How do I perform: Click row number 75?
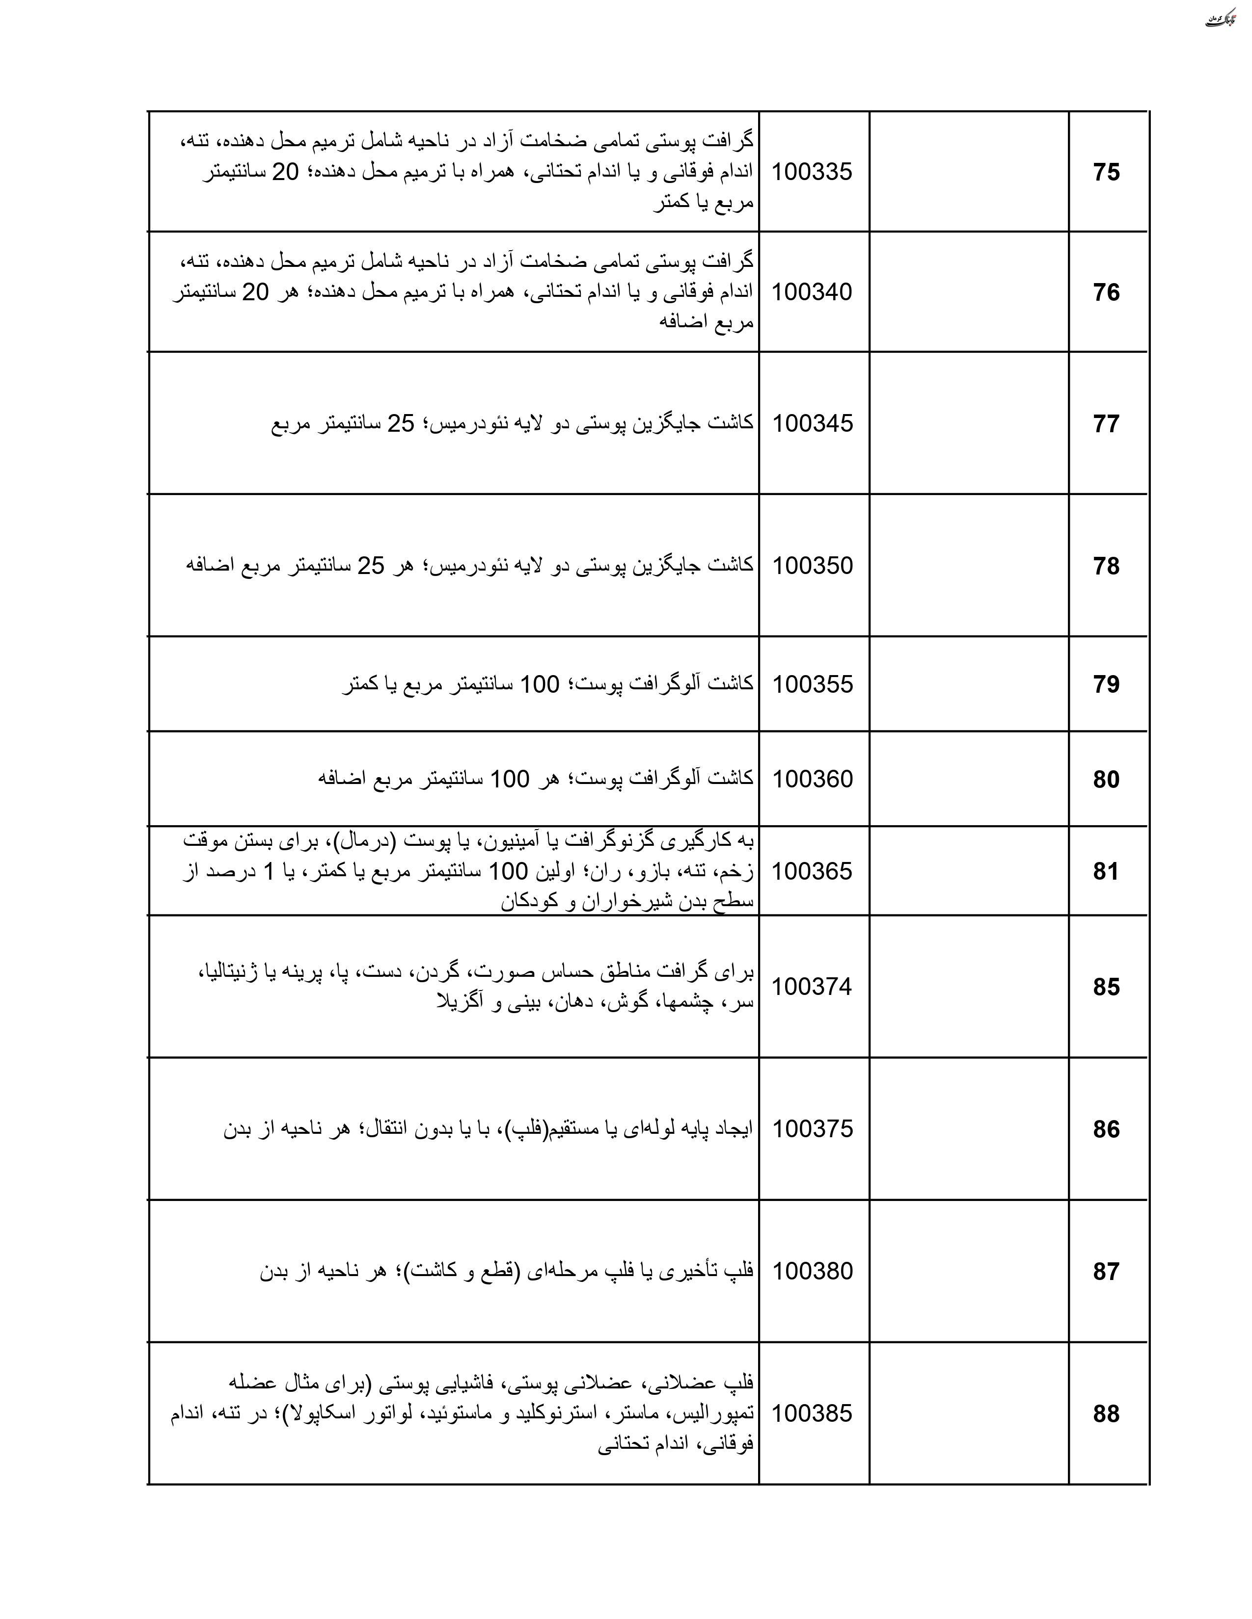point(1106,172)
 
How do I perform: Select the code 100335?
point(812,172)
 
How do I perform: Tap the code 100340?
point(812,292)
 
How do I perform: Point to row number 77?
point(1106,423)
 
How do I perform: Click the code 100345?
point(812,423)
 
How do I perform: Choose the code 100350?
point(812,566)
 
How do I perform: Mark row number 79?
point(1106,684)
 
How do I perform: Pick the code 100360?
point(812,779)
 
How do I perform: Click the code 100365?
point(812,871)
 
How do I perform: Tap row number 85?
point(1106,987)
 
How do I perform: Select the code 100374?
point(812,987)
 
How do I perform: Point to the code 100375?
point(812,1129)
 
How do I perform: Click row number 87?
point(1106,1271)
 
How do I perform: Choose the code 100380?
point(812,1271)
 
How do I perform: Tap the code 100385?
point(812,1413)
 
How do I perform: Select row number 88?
point(1106,1413)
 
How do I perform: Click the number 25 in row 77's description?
point(401,423)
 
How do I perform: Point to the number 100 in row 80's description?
point(510,779)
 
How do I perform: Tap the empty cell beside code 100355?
point(969,684)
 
